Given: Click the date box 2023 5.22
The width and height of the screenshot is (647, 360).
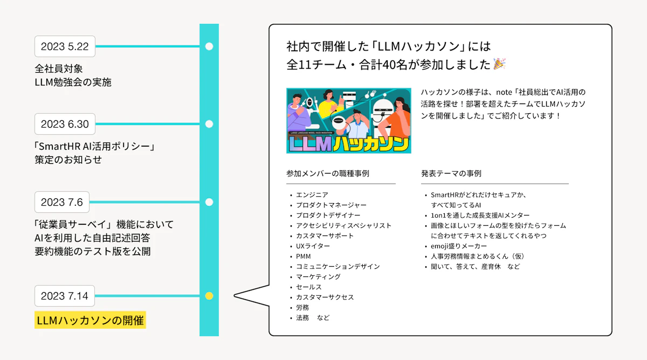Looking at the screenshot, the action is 65,46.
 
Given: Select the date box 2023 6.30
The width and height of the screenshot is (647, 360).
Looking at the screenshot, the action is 65,124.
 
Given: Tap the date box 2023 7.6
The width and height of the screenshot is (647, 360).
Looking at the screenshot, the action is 62,202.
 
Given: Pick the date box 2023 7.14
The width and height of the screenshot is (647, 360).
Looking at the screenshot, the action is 64,296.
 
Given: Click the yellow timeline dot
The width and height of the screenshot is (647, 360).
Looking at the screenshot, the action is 209,296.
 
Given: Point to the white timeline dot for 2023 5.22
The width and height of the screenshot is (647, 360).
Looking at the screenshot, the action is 209,46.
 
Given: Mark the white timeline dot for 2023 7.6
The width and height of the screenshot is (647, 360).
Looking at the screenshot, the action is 209,202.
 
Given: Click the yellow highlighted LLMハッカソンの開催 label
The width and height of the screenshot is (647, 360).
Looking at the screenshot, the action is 90,320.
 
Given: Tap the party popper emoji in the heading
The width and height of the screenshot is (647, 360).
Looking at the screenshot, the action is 499,64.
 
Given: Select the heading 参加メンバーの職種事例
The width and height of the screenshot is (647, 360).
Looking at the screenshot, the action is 328,174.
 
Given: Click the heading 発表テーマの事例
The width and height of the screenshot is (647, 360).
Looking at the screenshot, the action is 451,174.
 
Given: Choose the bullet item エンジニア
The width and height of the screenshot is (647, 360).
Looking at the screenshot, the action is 312,195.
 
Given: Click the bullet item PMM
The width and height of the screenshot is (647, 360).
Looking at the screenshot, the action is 303,257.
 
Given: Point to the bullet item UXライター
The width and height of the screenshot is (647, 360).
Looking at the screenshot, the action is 313,246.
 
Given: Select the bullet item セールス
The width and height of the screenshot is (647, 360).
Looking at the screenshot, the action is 308,287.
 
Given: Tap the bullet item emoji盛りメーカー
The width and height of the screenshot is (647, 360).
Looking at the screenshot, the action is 459,246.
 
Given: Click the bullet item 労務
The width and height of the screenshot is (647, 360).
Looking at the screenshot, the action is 302,308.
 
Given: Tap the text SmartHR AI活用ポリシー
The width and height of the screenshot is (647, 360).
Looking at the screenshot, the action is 94,147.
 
